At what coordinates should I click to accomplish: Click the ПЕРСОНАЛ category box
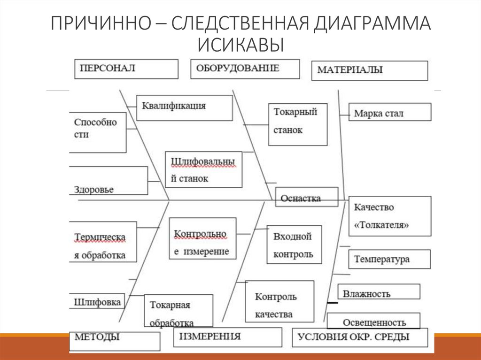click(126, 69)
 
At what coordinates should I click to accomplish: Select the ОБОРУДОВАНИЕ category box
click(245, 69)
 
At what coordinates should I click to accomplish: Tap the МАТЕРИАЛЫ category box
click(369, 70)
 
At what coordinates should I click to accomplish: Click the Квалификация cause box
click(184, 107)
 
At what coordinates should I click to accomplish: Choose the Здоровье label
click(94, 189)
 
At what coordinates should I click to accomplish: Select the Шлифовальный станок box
click(203, 169)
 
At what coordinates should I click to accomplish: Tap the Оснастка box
click(306, 197)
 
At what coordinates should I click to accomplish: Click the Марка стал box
click(389, 113)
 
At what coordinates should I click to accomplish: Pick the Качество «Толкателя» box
click(389, 216)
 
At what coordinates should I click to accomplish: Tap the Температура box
click(389, 259)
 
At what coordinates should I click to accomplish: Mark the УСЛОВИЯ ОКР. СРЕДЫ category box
click(360, 337)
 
